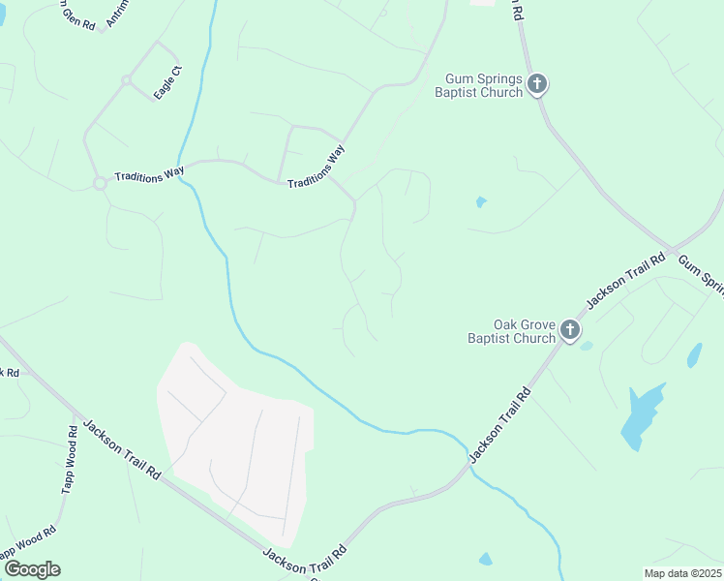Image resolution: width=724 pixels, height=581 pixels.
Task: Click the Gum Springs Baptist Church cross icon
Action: [x=537, y=85]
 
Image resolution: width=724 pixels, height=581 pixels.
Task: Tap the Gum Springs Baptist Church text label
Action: [x=484, y=85]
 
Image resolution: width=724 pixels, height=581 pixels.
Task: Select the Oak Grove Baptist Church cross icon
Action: [x=570, y=331]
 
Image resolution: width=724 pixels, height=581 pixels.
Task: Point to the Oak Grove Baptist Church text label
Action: [x=512, y=331]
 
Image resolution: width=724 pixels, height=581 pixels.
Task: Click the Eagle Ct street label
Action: [x=168, y=81]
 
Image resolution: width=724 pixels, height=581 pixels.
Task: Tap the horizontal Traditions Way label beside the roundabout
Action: [x=149, y=175]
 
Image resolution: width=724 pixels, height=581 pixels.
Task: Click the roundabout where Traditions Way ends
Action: [x=99, y=182]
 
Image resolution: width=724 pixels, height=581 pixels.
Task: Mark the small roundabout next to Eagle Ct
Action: [x=126, y=80]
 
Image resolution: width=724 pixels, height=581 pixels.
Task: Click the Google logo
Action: [x=32, y=568]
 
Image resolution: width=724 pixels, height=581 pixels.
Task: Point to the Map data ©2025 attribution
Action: [x=682, y=572]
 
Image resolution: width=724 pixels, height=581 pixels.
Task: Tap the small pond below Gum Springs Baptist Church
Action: [x=481, y=202]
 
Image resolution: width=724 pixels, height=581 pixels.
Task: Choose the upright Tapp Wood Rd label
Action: [x=69, y=460]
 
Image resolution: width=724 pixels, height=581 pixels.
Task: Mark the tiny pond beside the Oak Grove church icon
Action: [x=587, y=346]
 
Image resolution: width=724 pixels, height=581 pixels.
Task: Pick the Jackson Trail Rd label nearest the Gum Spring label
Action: [x=626, y=281]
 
